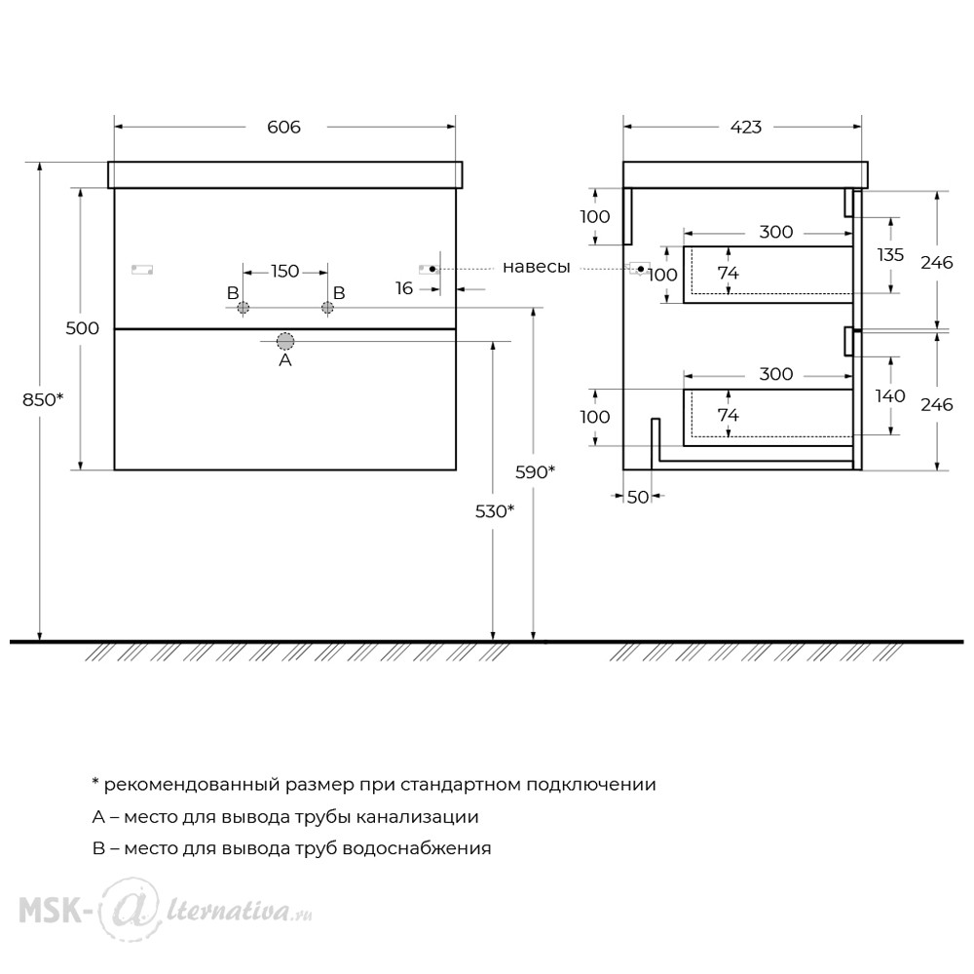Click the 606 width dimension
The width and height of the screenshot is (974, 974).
click(283, 128)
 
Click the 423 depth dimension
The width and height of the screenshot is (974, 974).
click(745, 128)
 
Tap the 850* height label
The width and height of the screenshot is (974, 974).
click(43, 400)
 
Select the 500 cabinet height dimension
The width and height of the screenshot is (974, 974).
click(82, 328)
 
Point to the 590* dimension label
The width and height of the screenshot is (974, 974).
click(535, 472)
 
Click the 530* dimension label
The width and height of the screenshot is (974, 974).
click(495, 511)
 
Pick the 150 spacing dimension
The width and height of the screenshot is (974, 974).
click(284, 272)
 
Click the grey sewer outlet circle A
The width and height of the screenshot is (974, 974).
click(285, 341)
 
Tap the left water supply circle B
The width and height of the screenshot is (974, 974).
click(243, 308)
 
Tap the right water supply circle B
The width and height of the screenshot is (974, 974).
click(327, 308)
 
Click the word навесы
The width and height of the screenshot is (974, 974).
click(536, 267)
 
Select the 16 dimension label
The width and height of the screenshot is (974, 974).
click(404, 288)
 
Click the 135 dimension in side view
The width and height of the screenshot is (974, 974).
click(890, 254)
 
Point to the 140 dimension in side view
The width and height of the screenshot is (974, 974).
click(890, 395)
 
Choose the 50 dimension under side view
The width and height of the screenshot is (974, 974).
click(638, 497)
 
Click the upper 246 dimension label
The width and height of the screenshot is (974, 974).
click(937, 263)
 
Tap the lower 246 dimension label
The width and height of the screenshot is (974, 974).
click(937, 405)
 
